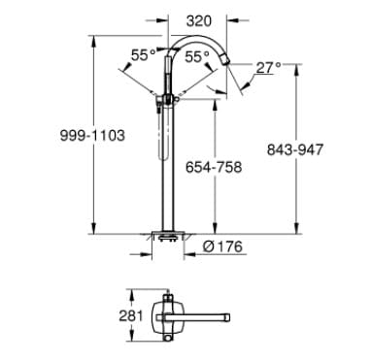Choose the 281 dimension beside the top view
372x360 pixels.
(133, 314)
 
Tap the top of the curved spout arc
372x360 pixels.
(200, 36)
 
